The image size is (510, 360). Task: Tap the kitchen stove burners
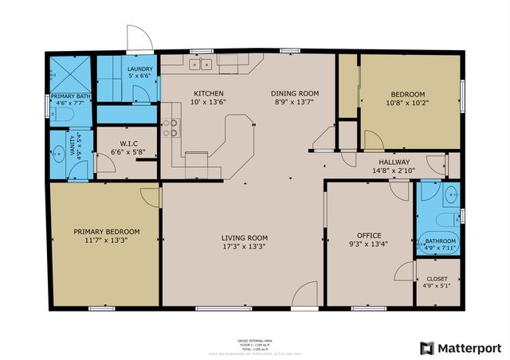(170, 128)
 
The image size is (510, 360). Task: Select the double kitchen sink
(200, 65)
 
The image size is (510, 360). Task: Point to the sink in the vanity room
(57, 155)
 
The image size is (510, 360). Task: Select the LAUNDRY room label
(139, 69)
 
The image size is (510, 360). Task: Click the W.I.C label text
(118, 143)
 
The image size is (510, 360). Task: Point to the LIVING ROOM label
(244, 238)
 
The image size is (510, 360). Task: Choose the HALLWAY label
(394, 162)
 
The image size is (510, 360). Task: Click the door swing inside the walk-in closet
(104, 163)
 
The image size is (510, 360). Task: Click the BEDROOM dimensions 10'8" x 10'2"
(407, 103)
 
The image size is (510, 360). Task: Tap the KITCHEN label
(208, 93)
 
